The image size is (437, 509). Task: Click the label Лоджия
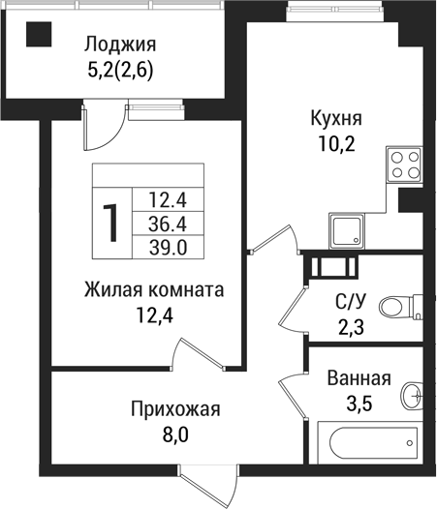pyautogui.click(x=120, y=45)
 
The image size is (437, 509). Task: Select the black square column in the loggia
pyautogui.click(x=39, y=39)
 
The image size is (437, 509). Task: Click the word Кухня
pyautogui.click(x=335, y=119)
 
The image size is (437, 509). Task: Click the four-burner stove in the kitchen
pyautogui.click(x=405, y=163)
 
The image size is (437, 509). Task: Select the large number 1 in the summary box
pyautogui.click(x=112, y=224)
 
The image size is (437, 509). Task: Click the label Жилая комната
pyautogui.click(x=154, y=289)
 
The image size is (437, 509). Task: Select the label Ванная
pyautogui.click(x=359, y=378)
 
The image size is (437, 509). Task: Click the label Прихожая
pyautogui.click(x=175, y=409)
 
